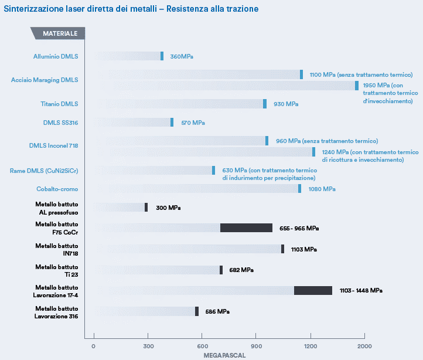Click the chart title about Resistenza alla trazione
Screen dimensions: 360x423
pos(131,9)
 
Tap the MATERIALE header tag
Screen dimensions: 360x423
pos(60,34)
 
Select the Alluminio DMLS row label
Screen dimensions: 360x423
pos(56,56)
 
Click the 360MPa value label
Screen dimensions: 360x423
pos(182,56)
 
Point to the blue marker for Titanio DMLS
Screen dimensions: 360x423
pos(265,104)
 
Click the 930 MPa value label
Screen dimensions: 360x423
pos(286,104)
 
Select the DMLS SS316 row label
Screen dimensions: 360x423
pos(60,123)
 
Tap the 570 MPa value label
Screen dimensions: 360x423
pos(193,123)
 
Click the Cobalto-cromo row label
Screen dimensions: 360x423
pos(56,189)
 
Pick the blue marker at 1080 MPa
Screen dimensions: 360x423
pos(299,189)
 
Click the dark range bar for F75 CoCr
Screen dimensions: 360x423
pos(246,228)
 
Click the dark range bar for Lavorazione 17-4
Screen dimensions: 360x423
pos(313,290)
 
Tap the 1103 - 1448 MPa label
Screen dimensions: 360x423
pos(361,290)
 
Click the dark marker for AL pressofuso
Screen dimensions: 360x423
pos(146,208)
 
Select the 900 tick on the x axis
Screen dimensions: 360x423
pos(256,345)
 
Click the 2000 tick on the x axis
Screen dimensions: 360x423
pos(364,345)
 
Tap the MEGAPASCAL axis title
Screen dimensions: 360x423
pos(224,355)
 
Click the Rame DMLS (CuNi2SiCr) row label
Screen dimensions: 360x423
pos(44,171)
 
